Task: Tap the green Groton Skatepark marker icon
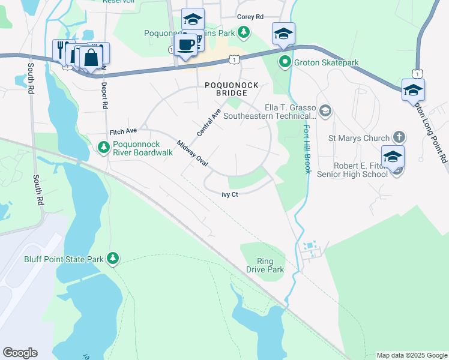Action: pyautogui.click(x=285, y=62)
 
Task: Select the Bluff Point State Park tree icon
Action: pyautogui.click(x=113, y=259)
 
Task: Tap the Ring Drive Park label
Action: pyautogui.click(x=265, y=265)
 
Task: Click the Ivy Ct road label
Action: pyautogui.click(x=230, y=194)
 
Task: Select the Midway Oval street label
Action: pyautogui.click(x=192, y=154)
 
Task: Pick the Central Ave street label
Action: pyautogui.click(x=209, y=122)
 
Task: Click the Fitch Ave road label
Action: pyautogui.click(x=123, y=131)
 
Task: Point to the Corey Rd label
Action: pyautogui.click(x=250, y=17)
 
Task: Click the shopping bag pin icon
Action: pyautogui.click(x=91, y=58)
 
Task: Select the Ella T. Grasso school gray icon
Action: pyautogui.click(x=325, y=110)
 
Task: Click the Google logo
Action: pyautogui.click(x=20, y=353)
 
